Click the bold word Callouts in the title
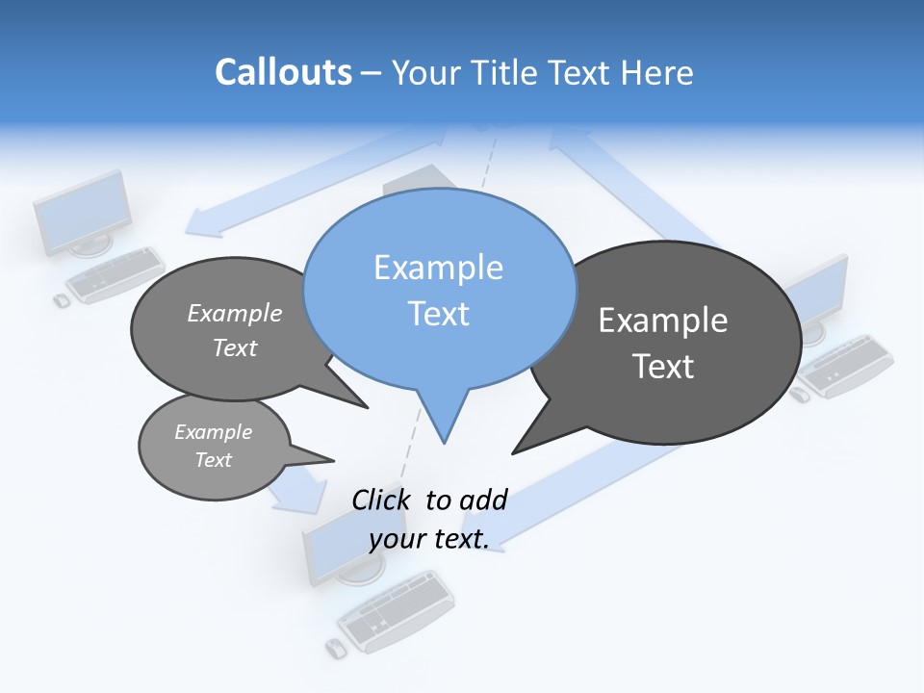pos(283,72)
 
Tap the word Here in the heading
pos(656,72)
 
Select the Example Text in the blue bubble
pos(439,290)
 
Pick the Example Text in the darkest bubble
pos(663,343)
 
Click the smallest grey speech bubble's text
pos(213,446)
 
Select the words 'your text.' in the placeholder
pos(429,539)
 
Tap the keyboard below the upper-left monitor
pos(116,274)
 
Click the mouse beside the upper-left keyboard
pos(62,301)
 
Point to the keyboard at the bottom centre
pos(398,609)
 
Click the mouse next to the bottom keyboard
pos(335,649)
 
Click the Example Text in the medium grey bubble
pos(235,330)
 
